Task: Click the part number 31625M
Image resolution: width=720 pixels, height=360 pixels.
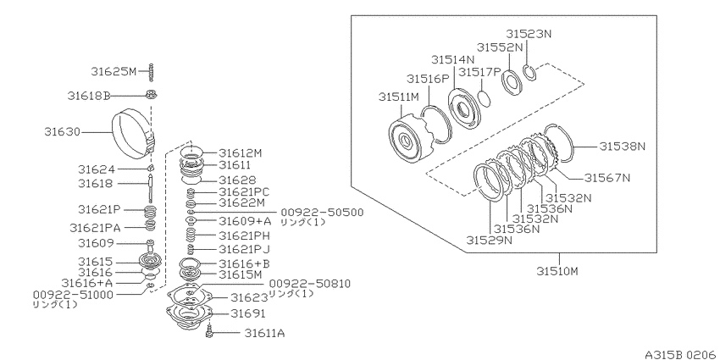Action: pos(114,72)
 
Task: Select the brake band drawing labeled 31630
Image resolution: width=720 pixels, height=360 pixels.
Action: pos(135,133)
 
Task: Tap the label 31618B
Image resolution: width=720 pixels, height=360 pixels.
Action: pos(89,96)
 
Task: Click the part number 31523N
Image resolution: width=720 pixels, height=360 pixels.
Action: pos(529,34)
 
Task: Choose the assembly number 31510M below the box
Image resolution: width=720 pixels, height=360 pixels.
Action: pos(557,271)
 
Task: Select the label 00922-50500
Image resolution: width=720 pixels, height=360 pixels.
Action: pos(322,212)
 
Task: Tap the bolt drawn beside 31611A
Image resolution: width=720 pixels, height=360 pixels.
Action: pos(209,331)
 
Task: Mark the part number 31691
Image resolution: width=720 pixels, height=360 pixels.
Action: pos(247,313)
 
